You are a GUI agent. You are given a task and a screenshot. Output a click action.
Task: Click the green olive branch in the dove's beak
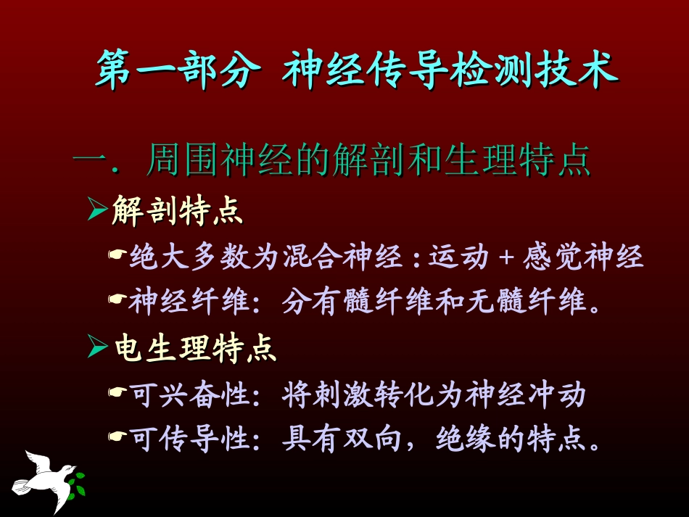click(76, 479)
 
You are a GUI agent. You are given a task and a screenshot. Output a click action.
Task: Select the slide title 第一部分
click(178, 70)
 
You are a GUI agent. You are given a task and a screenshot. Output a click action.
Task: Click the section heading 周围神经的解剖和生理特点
click(368, 160)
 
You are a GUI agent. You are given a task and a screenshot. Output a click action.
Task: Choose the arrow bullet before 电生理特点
click(97, 349)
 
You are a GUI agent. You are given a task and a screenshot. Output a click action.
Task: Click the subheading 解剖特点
click(177, 211)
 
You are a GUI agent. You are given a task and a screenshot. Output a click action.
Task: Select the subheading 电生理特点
click(196, 350)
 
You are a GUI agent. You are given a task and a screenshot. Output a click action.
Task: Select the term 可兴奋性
click(190, 396)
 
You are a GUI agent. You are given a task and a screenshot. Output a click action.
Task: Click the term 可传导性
click(190, 439)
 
